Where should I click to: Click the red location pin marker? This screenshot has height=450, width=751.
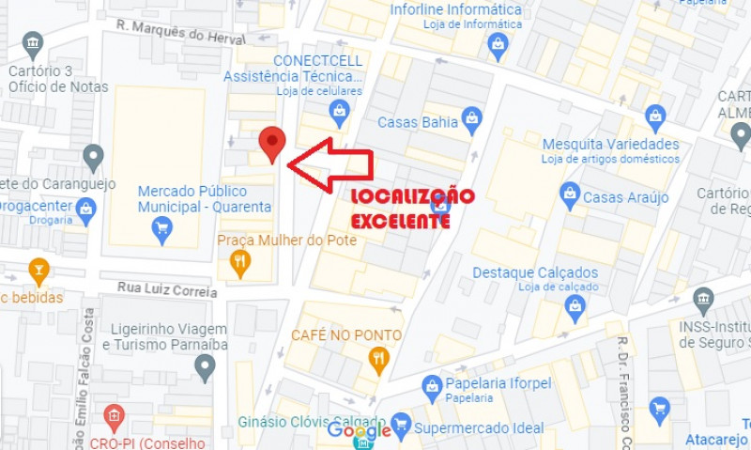click(x=272, y=144)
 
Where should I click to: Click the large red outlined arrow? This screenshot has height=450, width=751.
click(x=330, y=165)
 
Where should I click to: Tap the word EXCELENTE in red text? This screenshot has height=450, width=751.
click(x=399, y=221)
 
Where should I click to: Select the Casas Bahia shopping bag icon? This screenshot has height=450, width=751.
click(x=471, y=120)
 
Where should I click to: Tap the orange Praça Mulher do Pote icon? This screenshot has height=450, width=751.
click(x=240, y=263)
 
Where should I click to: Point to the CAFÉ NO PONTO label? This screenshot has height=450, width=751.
click(x=346, y=335)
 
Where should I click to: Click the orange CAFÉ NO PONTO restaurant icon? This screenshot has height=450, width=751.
click(x=379, y=358)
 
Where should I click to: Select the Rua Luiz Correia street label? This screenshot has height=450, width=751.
click(x=167, y=289)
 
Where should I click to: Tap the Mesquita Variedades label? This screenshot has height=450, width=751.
click(x=610, y=144)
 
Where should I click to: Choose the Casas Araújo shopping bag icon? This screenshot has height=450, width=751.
click(x=569, y=196)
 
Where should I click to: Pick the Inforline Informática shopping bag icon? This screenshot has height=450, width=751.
click(x=498, y=43)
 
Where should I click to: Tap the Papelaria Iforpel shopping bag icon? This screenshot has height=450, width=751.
click(x=432, y=385)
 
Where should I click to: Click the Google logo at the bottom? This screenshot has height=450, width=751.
click(x=359, y=431)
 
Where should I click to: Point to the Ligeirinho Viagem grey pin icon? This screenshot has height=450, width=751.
click(x=206, y=365)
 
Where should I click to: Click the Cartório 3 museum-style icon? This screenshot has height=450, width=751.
click(x=34, y=44)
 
